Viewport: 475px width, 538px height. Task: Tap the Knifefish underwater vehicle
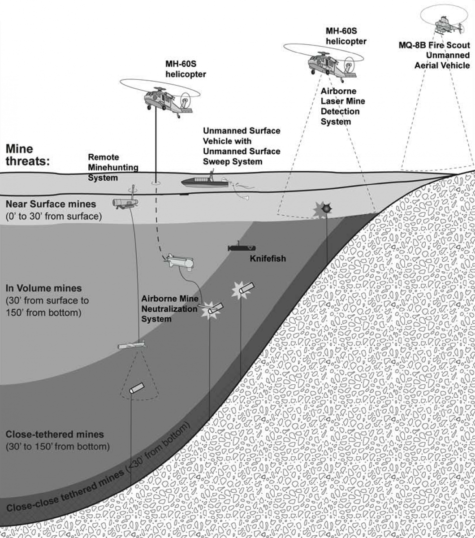point(242,247)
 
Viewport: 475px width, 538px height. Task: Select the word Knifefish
point(268,259)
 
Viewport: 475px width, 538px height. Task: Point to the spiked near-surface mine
point(326,208)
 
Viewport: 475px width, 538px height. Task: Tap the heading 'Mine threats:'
point(26,155)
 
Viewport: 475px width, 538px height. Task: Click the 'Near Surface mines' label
point(51,204)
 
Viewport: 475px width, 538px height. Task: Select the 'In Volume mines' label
point(43,288)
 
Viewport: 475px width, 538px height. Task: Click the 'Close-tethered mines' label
point(54,434)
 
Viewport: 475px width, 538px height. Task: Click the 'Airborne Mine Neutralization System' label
point(169,308)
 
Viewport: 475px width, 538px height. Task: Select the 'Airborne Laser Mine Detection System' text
point(340,106)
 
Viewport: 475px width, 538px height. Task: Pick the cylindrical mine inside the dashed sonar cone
point(136,388)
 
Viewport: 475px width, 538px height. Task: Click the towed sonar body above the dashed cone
point(132,346)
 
